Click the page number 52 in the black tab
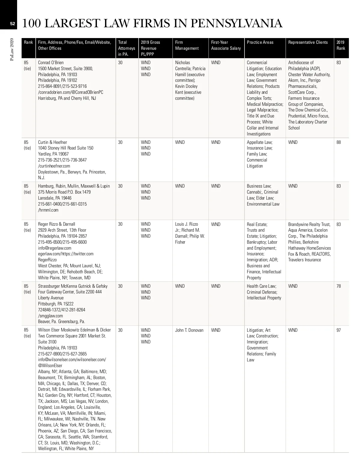click(x=12, y=24)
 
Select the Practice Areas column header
click(x=260, y=42)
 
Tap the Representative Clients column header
click(x=308, y=42)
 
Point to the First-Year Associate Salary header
click(x=226, y=45)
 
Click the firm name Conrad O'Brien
click(x=51, y=63)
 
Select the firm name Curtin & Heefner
click(x=52, y=142)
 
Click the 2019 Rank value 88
click(x=338, y=142)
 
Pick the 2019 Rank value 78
click(x=338, y=286)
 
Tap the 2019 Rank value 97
click(x=338, y=330)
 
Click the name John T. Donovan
click(x=189, y=330)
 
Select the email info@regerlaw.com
click(x=55, y=248)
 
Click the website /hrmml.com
click(x=48, y=210)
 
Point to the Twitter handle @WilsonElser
click(x=50, y=366)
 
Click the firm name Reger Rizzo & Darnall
click(x=57, y=224)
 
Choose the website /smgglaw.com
click(x=50, y=316)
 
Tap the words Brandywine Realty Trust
click(x=309, y=224)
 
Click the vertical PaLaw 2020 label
click(x=12, y=49)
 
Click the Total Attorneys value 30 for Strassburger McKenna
click(x=120, y=286)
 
